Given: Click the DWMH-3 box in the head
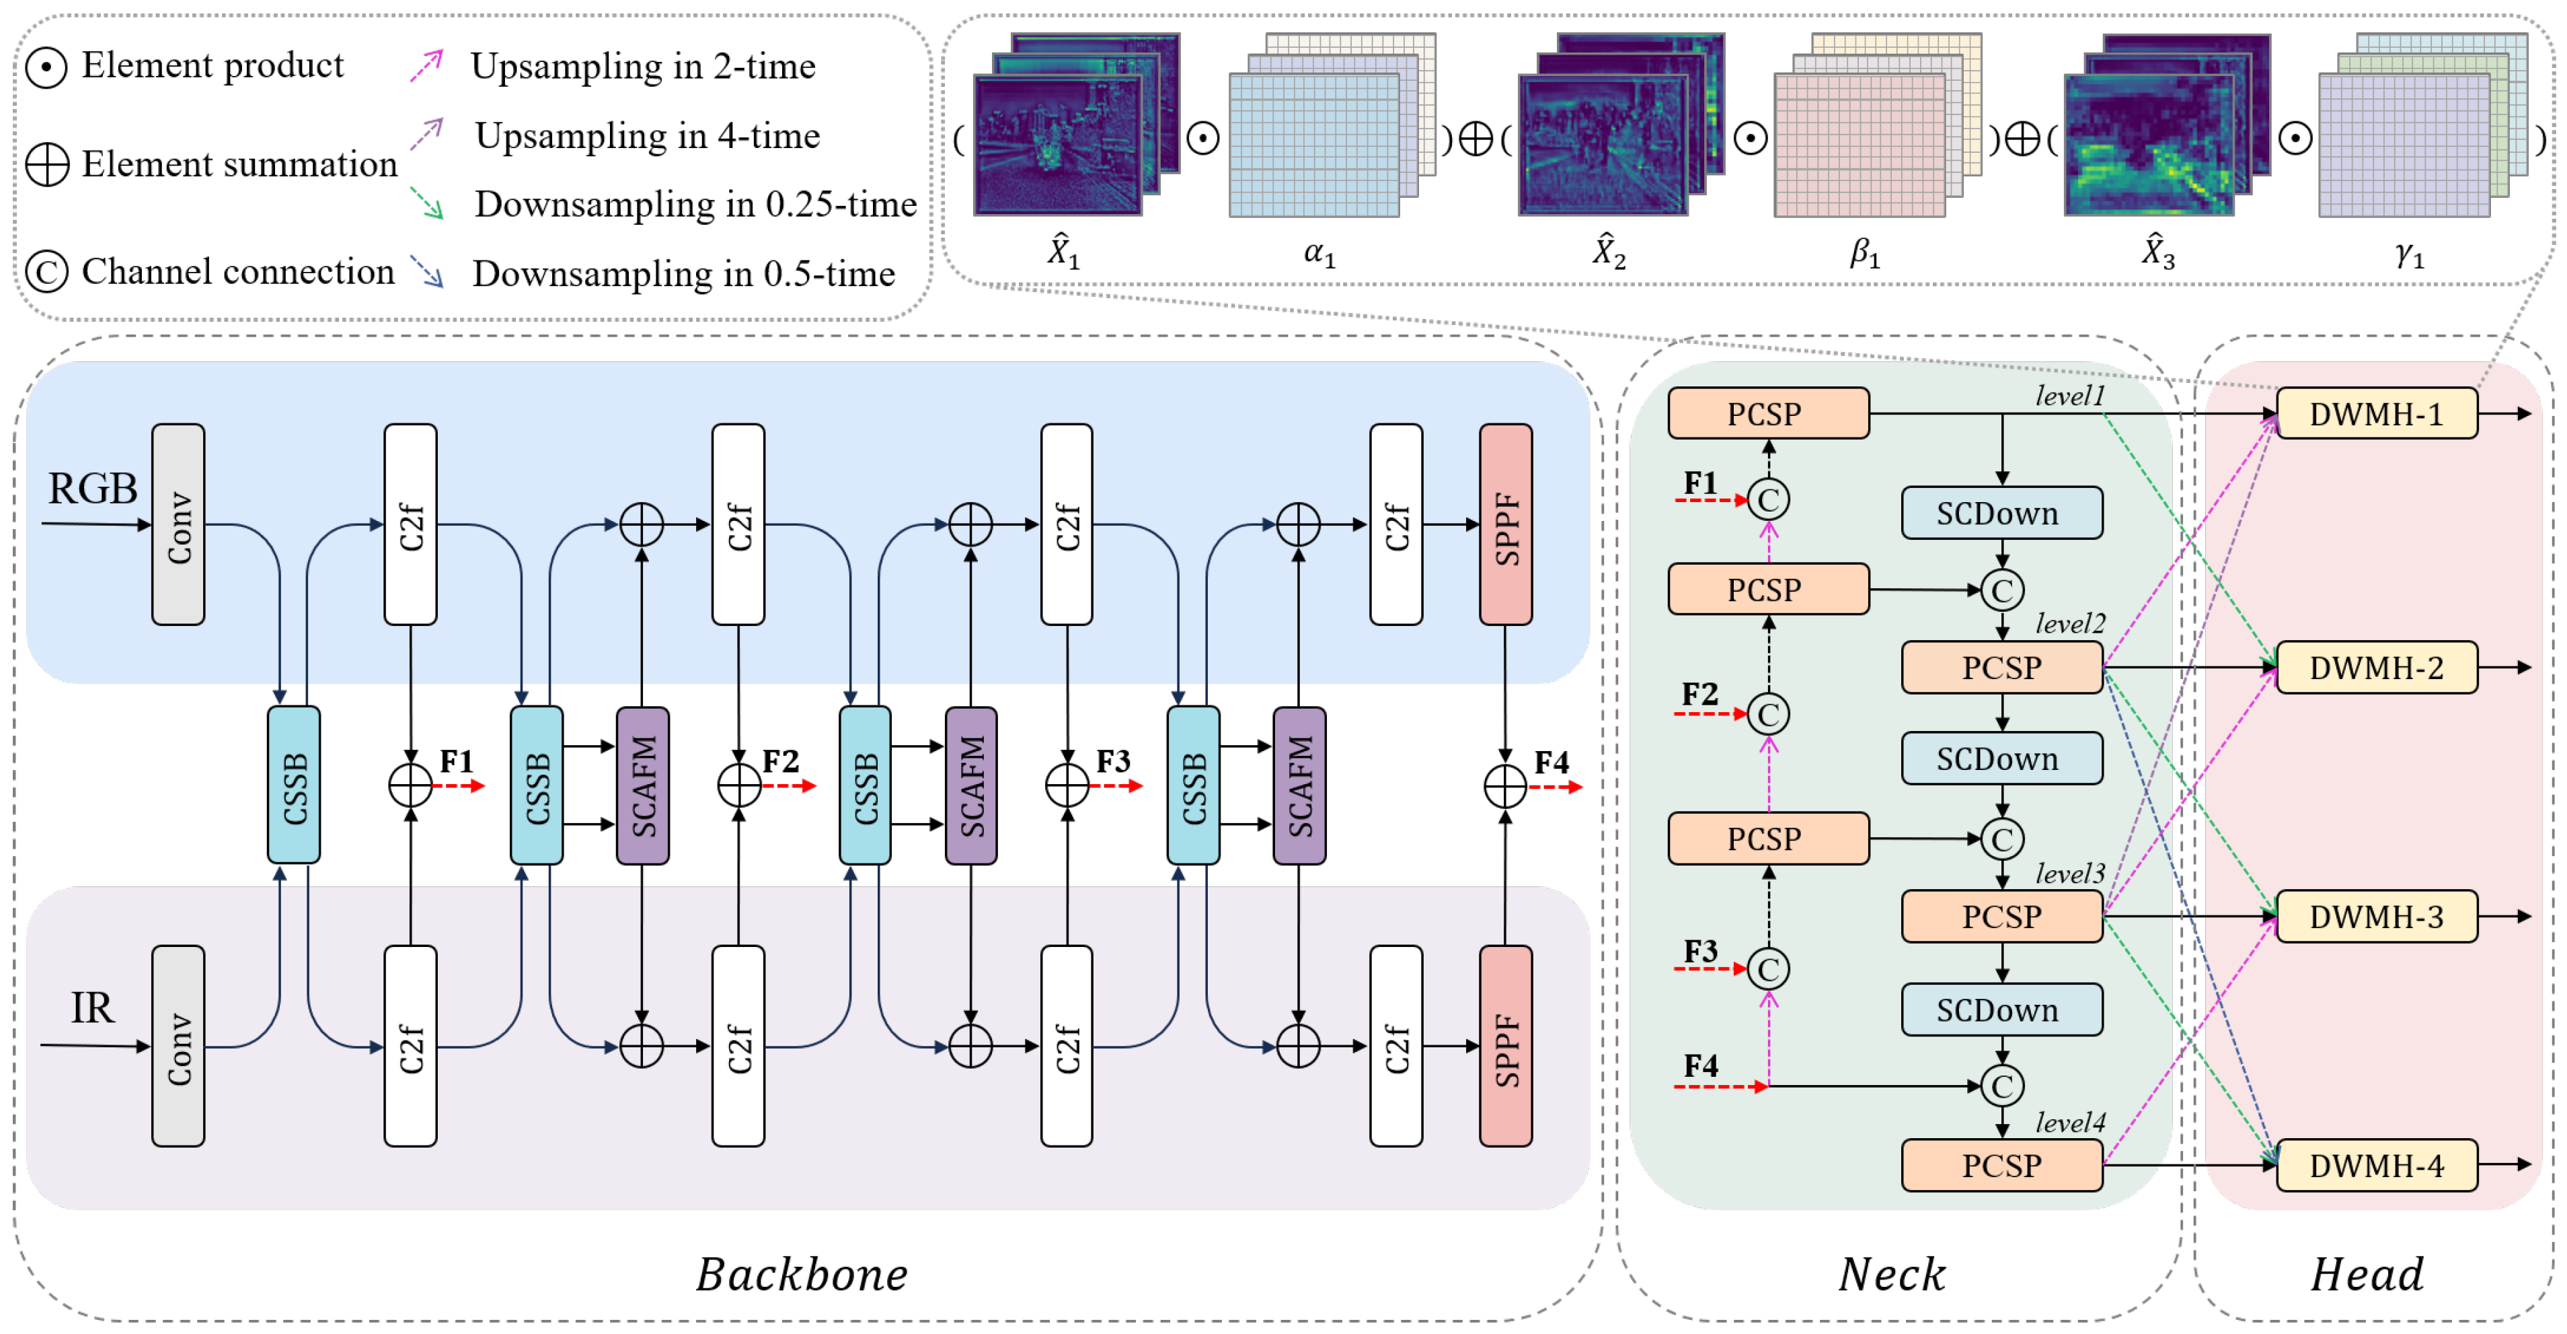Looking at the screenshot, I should coord(2376,915).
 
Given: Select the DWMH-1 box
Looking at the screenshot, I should coord(2376,413).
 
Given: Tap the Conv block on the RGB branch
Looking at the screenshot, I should coord(178,524).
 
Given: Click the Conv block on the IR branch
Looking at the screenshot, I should coord(178,1046).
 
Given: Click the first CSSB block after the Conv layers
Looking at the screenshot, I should coord(294,785).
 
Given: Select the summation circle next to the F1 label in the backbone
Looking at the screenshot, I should coord(410,785).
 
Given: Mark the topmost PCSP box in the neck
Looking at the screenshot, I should coord(1768,413).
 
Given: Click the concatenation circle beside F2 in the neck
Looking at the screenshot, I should coord(1769,714).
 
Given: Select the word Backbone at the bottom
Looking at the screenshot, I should coord(802,1274).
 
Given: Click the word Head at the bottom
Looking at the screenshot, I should coord(2367,1274).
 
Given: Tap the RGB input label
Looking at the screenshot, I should coord(93,489).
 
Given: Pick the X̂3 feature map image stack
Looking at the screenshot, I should coord(2162,130).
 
